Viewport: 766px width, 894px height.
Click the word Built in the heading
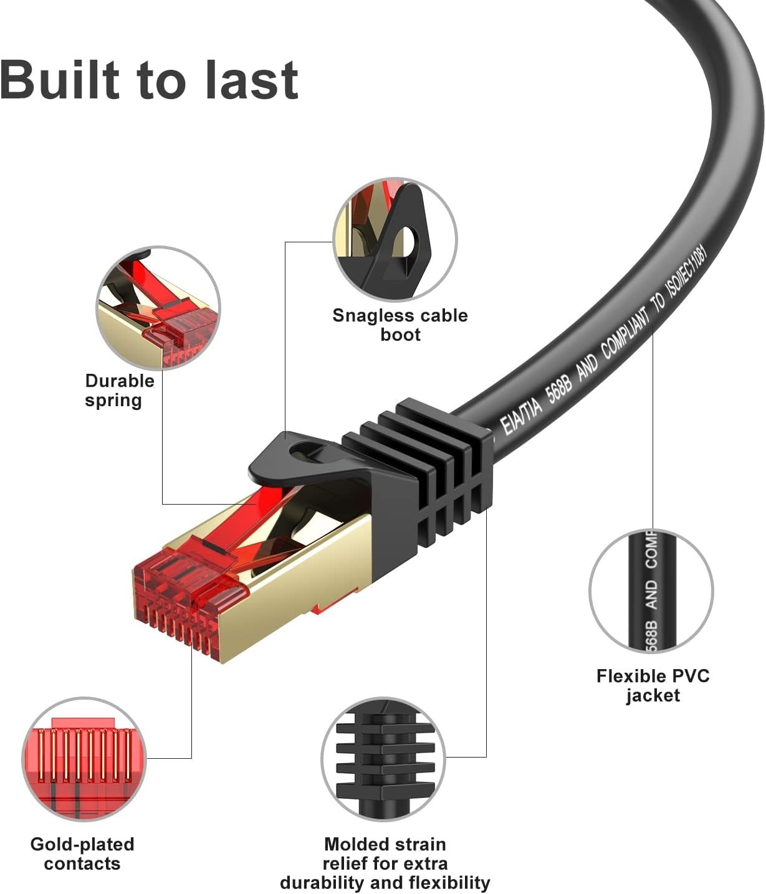tap(60, 80)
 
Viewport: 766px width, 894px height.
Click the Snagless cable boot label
tap(400, 325)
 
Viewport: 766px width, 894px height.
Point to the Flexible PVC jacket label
tap(653, 685)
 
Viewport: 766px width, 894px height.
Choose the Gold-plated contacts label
tap(82, 854)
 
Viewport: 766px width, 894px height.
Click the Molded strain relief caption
tap(385, 863)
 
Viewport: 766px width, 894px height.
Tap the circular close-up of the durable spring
tap(158, 307)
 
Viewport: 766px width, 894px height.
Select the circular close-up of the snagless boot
tap(395, 240)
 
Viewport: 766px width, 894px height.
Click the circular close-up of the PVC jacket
tap(651, 591)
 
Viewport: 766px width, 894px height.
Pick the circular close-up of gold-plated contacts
tap(84, 758)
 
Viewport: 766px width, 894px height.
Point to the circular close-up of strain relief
tap(383, 758)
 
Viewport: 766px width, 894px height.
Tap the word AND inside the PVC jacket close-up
tap(651, 594)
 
